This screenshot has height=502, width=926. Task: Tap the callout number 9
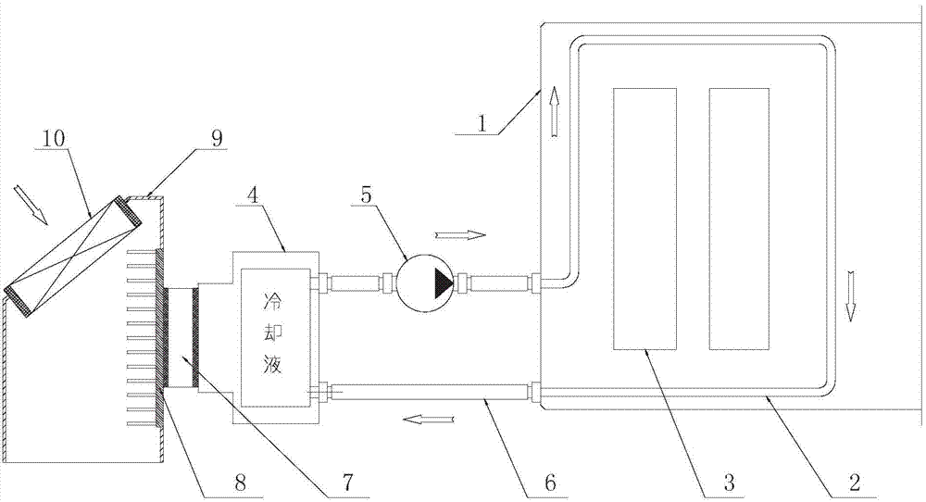[x=216, y=139]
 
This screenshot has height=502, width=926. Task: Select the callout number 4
[x=254, y=196]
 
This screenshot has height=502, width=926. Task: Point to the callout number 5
[x=367, y=195]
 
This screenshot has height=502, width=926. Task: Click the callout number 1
[x=482, y=123]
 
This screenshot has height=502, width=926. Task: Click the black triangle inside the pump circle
[x=443, y=283]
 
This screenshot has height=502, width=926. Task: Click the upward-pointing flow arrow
[x=554, y=112]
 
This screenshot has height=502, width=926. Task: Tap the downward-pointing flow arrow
[x=850, y=295]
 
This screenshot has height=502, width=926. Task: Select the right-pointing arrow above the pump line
[x=460, y=235]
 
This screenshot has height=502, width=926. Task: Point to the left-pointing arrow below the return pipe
[x=429, y=420]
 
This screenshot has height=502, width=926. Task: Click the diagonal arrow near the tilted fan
[x=32, y=205]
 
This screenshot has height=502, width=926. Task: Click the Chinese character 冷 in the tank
[x=273, y=301]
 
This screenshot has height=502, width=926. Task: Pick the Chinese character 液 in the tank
[x=273, y=364]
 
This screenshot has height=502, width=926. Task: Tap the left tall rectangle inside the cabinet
[x=644, y=219]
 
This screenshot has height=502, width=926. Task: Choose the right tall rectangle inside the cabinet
[x=739, y=219]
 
